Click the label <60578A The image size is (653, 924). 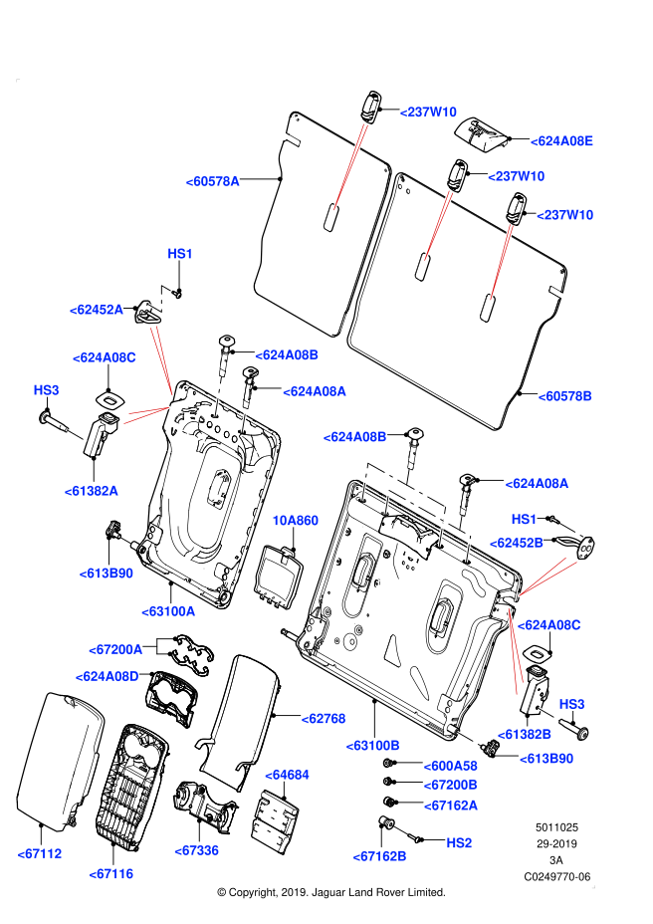coord(212,181)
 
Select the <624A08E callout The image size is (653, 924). coord(561,141)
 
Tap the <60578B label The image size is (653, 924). coord(564,396)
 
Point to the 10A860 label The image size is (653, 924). coord(295,521)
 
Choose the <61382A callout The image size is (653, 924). coord(91,491)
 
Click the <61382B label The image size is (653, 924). coord(524,735)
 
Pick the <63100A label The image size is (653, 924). coord(168,611)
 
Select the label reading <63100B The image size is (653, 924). coord(372,746)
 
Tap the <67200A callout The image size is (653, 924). coord(115,650)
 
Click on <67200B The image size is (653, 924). coord(450,785)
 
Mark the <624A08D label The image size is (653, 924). coord(107,676)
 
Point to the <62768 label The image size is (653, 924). coord(324,719)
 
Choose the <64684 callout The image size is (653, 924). coord(287,775)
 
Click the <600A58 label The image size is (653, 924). coord(450,766)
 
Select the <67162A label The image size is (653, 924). coord(451,806)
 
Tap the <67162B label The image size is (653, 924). coord(379,856)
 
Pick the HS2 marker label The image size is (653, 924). coord(459,843)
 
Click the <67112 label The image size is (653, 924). coord(40,853)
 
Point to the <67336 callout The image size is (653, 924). coord(196,850)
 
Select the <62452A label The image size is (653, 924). coord(96,310)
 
